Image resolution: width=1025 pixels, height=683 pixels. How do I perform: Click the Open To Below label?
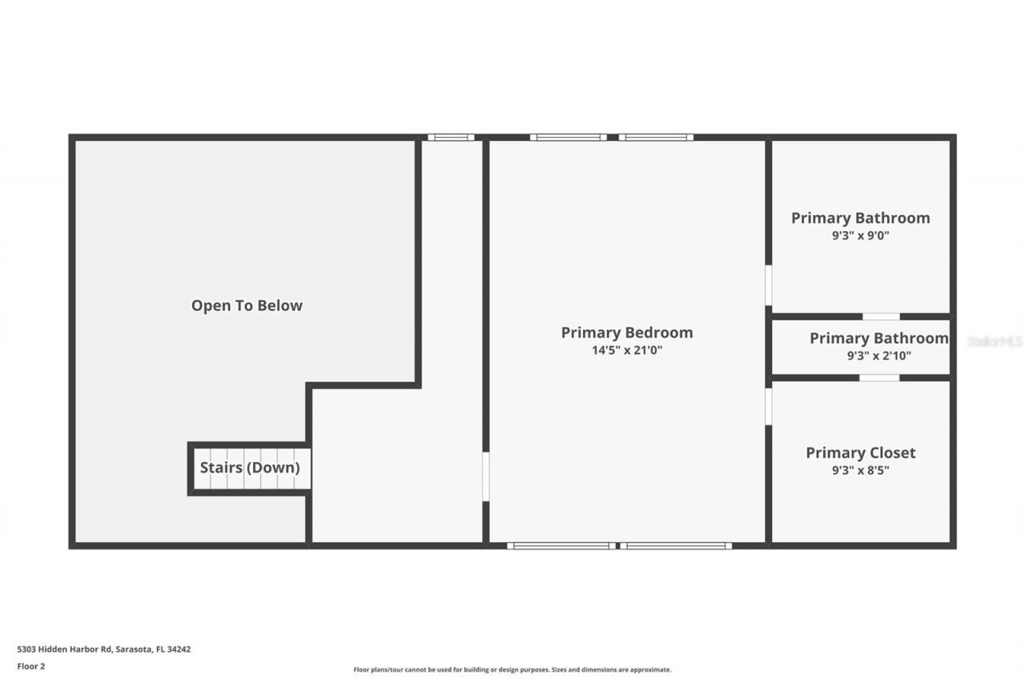click(247, 305)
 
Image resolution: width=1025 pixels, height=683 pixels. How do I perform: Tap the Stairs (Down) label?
click(250, 468)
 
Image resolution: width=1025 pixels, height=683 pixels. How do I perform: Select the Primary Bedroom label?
click(626, 332)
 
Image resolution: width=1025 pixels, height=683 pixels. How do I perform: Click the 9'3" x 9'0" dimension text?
click(861, 235)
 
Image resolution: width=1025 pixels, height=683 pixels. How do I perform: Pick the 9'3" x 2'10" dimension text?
click(878, 356)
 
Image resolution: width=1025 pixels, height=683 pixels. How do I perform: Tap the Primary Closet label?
click(860, 452)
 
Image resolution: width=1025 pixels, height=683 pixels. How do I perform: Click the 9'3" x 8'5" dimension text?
click(860, 470)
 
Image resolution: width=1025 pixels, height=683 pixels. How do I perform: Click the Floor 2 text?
click(31, 665)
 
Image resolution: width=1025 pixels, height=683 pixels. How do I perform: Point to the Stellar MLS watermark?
click(995, 341)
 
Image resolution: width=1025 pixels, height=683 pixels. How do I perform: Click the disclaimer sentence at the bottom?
click(512, 669)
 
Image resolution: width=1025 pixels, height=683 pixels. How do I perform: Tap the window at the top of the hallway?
click(451, 138)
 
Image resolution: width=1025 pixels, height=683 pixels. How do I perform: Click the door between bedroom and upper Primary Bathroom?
click(768, 286)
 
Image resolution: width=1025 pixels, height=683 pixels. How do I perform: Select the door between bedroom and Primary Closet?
click(768, 406)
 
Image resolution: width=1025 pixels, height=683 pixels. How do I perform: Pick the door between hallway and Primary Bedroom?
click(485, 477)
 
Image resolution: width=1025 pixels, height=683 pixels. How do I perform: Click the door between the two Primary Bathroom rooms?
click(881, 317)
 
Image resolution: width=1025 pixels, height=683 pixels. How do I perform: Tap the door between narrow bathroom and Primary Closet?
click(879, 377)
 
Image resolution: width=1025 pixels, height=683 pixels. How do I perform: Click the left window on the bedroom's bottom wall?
click(562, 546)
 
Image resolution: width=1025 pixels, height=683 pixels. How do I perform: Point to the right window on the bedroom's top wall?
click(656, 138)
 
